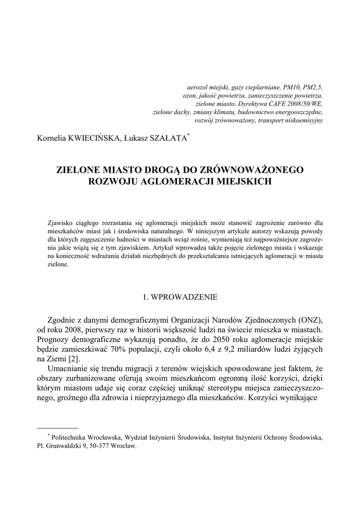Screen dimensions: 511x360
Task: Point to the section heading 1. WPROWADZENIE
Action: click(x=180, y=297)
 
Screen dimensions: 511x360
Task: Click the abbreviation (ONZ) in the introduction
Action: click(x=311, y=320)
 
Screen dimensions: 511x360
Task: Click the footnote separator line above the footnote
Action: click(x=58, y=428)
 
